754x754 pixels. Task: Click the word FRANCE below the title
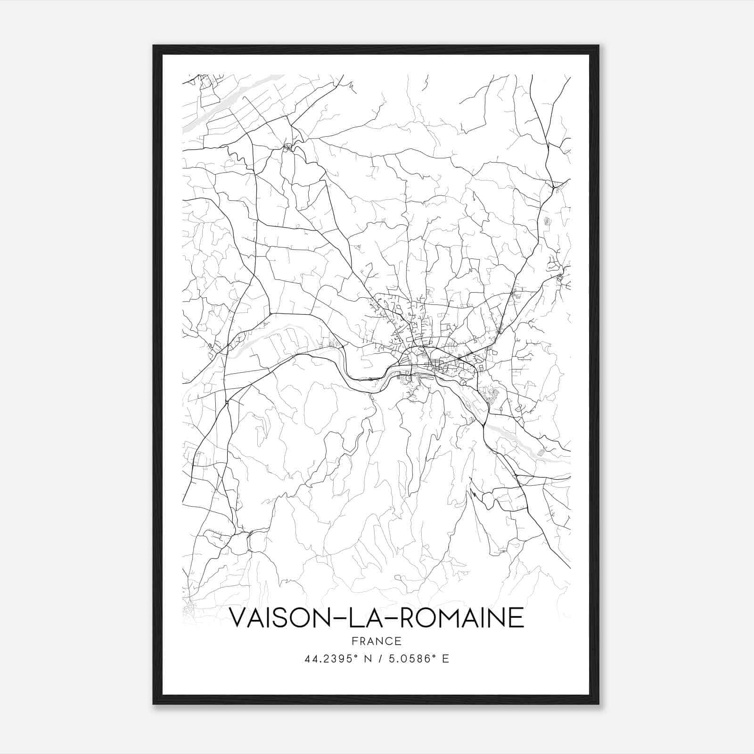pyautogui.click(x=376, y=641)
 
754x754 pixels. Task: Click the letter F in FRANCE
pyautogui.click(x=353, y=641)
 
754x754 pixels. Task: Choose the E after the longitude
pyautogui.click(x=445, y=659)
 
